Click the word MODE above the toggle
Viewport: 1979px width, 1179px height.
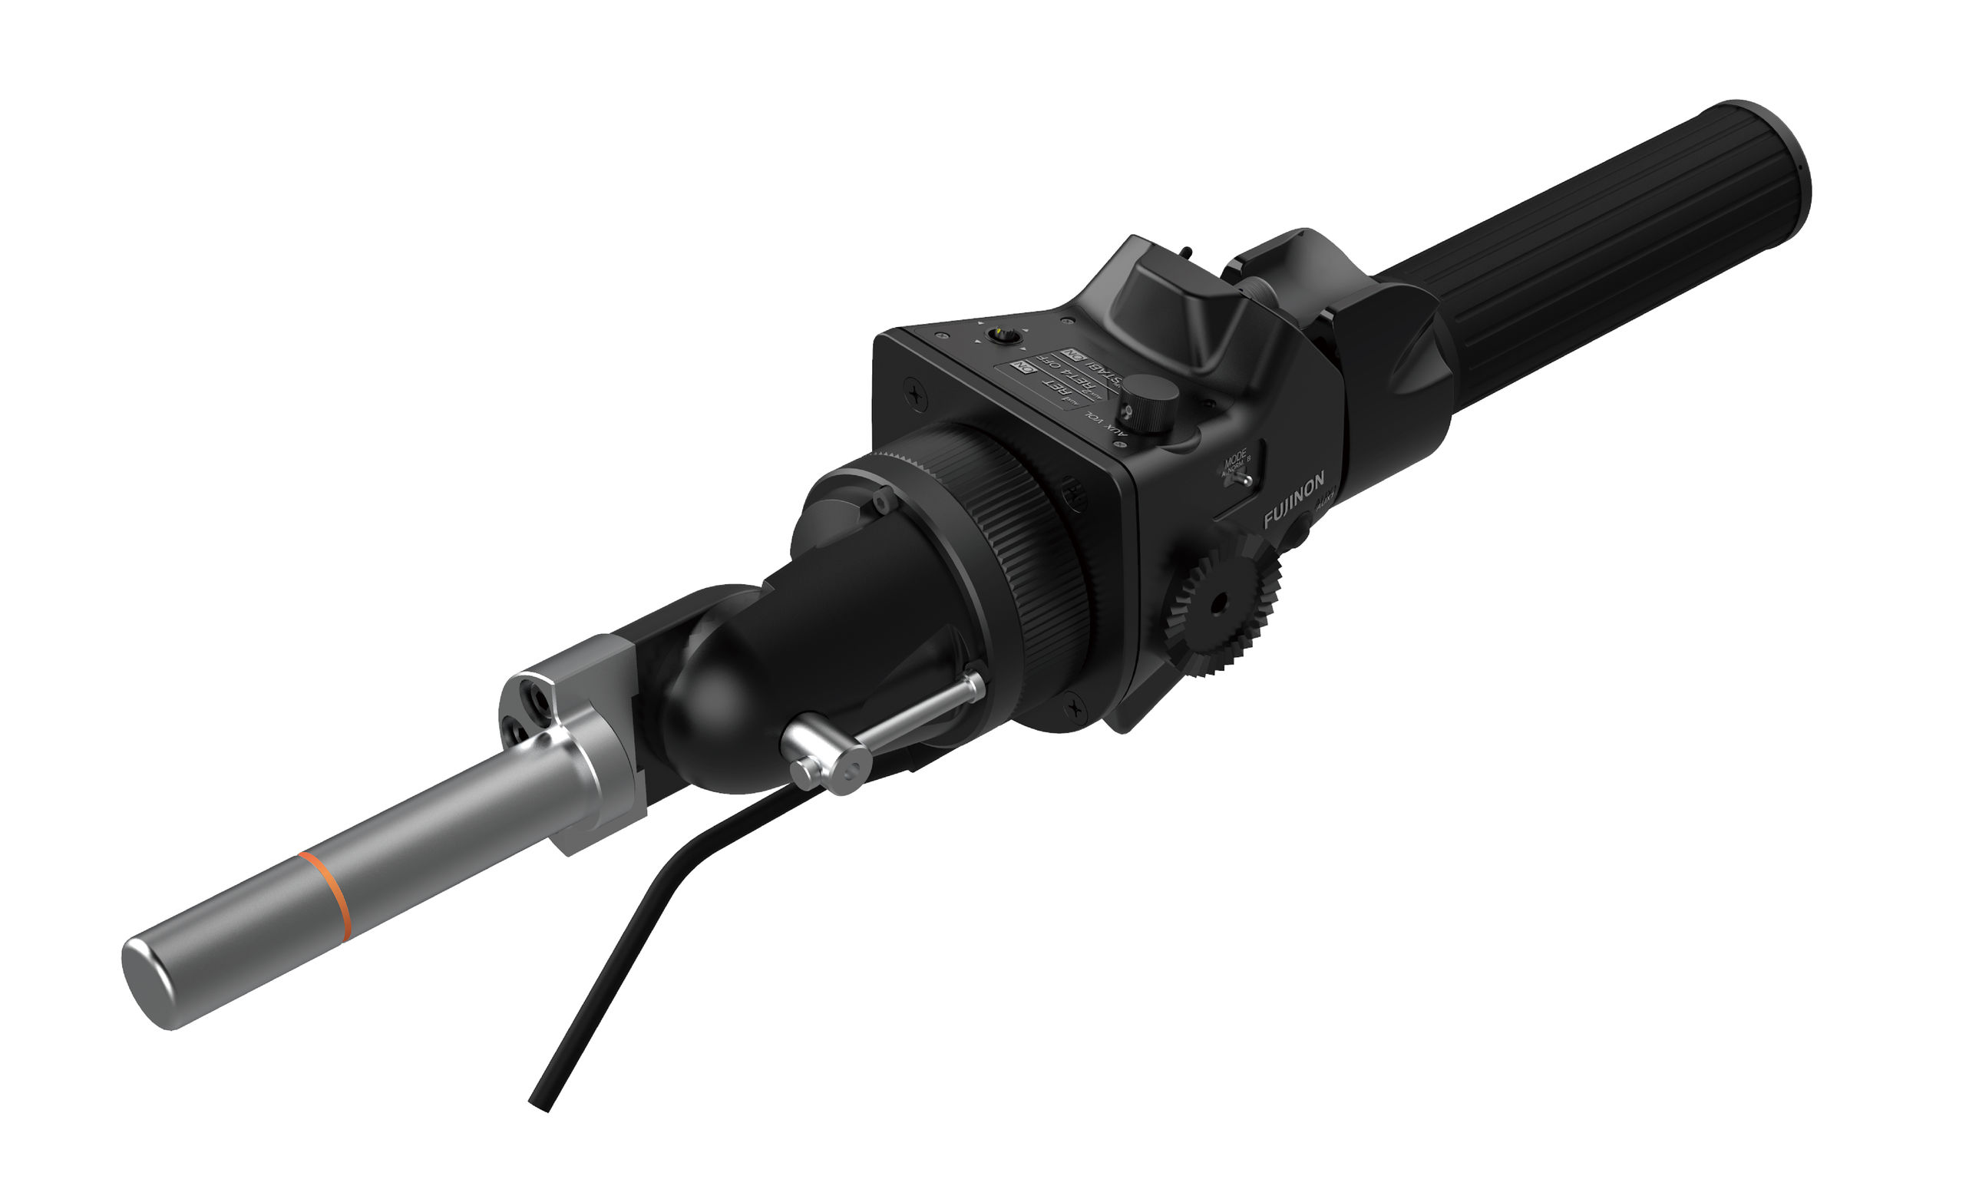[x=1235, y=460]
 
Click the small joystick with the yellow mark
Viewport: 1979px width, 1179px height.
[x=1004, y=336]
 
